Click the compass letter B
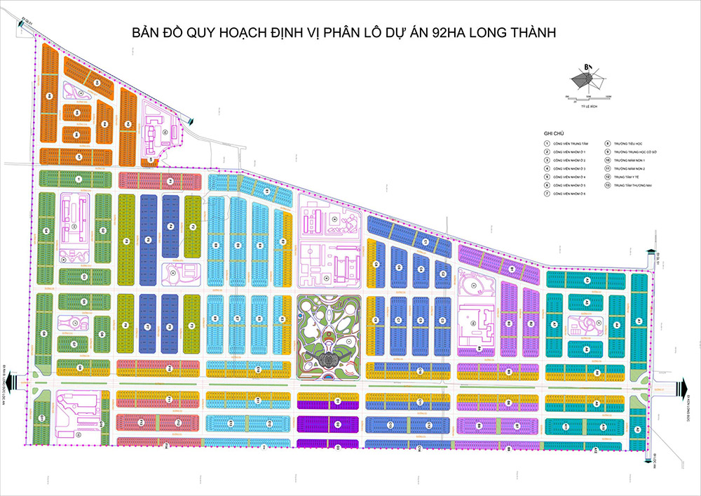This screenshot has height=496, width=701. click(583, 67)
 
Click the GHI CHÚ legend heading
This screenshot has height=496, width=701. click(554, 133)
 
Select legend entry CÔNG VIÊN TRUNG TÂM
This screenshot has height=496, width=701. click(570, 143)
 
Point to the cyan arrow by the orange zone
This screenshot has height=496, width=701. click(190, 121)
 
